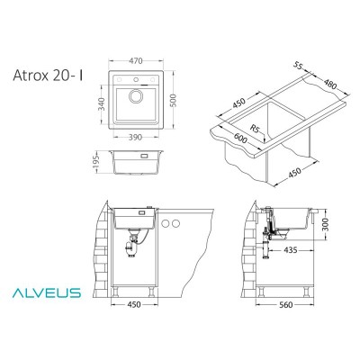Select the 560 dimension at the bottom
click(287, 328)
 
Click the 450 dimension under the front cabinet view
click(133, 328)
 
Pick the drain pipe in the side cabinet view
click(266, 238)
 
